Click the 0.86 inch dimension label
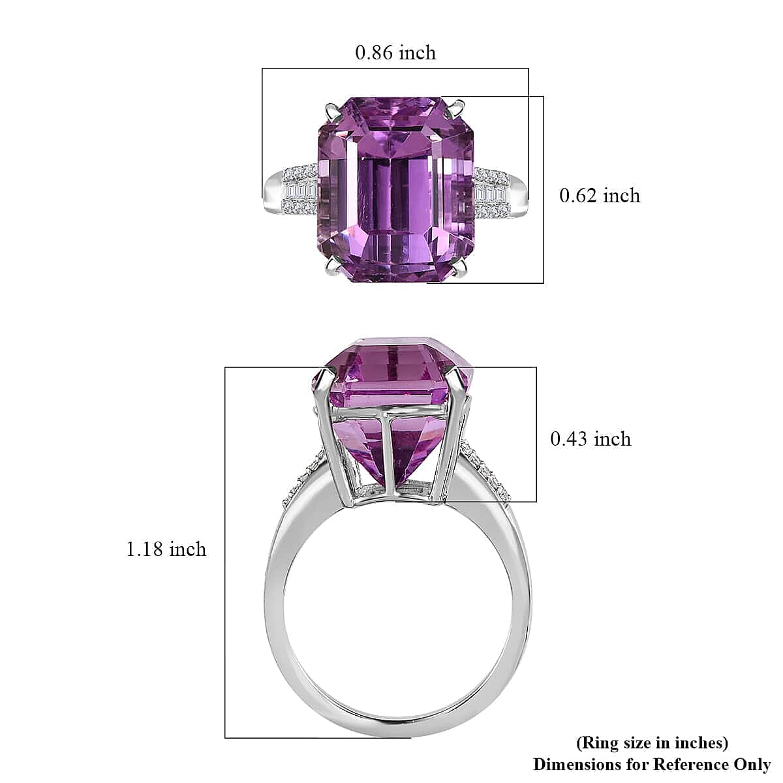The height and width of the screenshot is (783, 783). pos(395,52)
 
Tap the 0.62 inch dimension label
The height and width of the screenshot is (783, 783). pos(600,195)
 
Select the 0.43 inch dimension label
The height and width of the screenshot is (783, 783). pos(591,438)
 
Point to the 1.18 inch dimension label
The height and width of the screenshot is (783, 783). pos(166,549)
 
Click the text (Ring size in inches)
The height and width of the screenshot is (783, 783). pos(651,742)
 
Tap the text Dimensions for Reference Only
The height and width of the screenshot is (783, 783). pos(651,763)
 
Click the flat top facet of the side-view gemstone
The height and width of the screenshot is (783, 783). pos(395,342)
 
